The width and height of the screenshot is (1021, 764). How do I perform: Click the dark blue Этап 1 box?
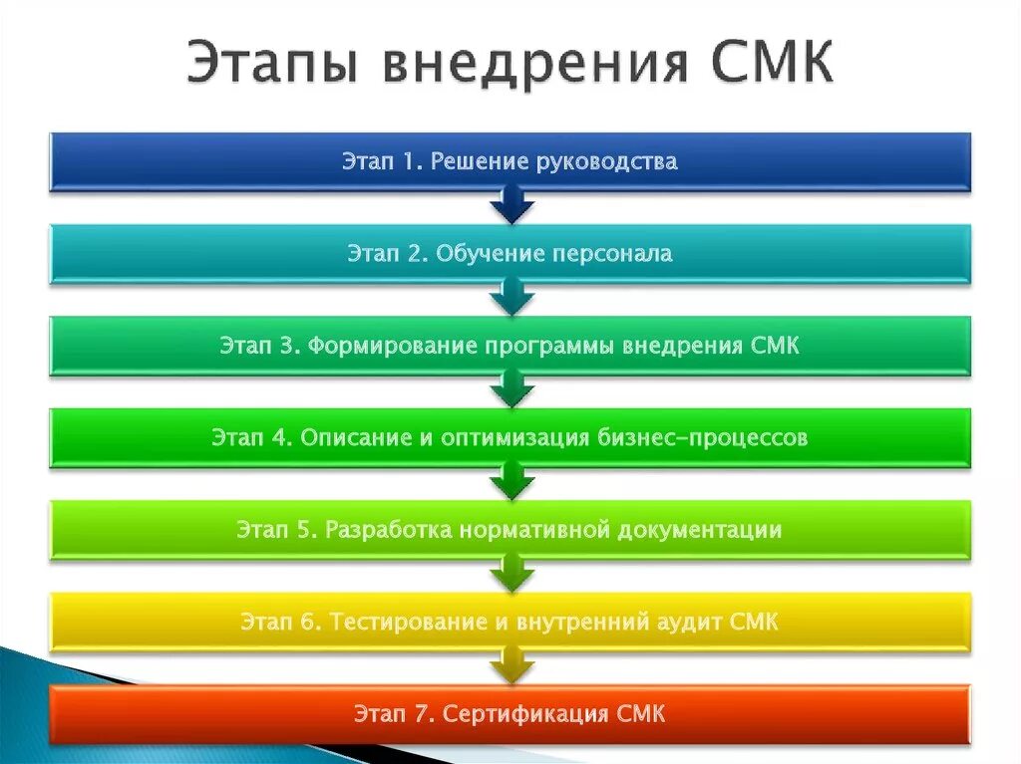[x=510, y=161]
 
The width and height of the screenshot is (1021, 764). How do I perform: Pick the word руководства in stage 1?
[x=606, y=161]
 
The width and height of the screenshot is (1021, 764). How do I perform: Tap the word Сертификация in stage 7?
[x=527, y=713]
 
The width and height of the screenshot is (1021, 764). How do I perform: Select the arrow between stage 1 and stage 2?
[x=511, y=207]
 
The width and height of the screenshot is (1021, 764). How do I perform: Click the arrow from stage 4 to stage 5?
[x=511, y=483]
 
